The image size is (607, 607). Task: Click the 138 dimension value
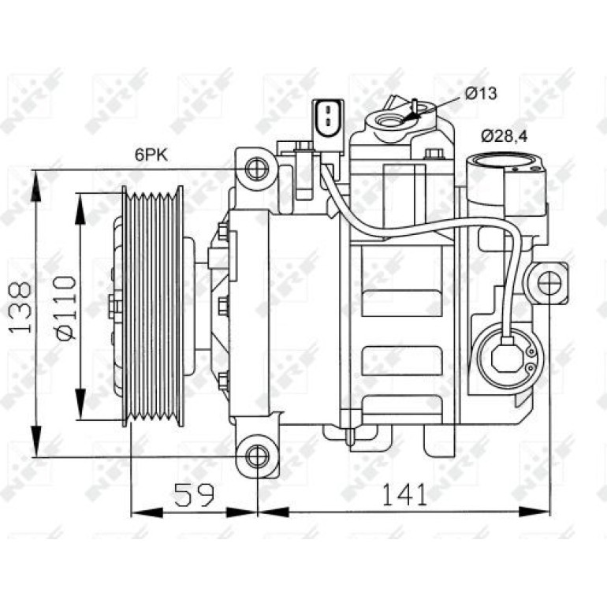pos(20,307)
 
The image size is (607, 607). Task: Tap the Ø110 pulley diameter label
pos(65,307)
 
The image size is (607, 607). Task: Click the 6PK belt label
pos(151,155)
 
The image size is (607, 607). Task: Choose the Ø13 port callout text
pos(481,93)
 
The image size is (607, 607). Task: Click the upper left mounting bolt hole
pos(257,169)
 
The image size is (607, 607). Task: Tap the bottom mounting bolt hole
pos(257,457)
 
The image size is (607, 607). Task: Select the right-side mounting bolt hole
pos(549,283)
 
